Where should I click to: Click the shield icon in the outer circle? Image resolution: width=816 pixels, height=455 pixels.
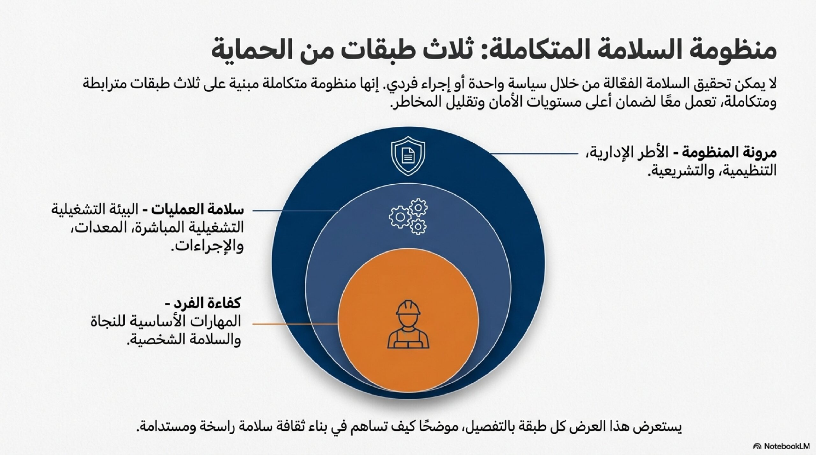pyautogui.click(x=408, y=156)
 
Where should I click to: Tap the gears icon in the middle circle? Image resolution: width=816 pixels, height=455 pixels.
pyautogui.click(x=408, y=217)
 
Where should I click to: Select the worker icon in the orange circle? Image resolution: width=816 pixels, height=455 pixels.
pyautogui.click(x=408, y=324)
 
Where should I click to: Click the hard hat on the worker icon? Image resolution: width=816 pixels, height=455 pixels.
pyautogui.click(x=408, y=309)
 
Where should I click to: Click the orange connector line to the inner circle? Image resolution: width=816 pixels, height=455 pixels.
pyautogui.click(x=295, y=324)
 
